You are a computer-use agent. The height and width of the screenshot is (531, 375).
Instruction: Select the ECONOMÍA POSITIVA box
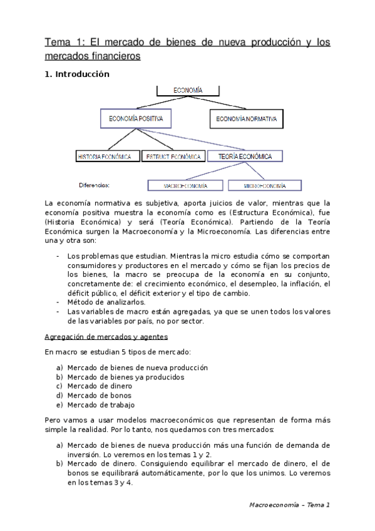tap(135, 118)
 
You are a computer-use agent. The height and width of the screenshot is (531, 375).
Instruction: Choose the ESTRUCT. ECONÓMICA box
tap(173, 157)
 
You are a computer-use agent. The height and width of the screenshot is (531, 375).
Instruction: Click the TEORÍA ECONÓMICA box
tap(245, 156)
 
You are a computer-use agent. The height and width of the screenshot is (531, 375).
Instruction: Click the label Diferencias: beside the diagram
tap(95, 185)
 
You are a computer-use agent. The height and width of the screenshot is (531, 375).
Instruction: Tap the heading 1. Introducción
tap(76, 75)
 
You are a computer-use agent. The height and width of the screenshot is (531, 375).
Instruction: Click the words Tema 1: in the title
tap(63, 43)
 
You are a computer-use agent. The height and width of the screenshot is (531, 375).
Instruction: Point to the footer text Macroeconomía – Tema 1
tap(289, 504)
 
